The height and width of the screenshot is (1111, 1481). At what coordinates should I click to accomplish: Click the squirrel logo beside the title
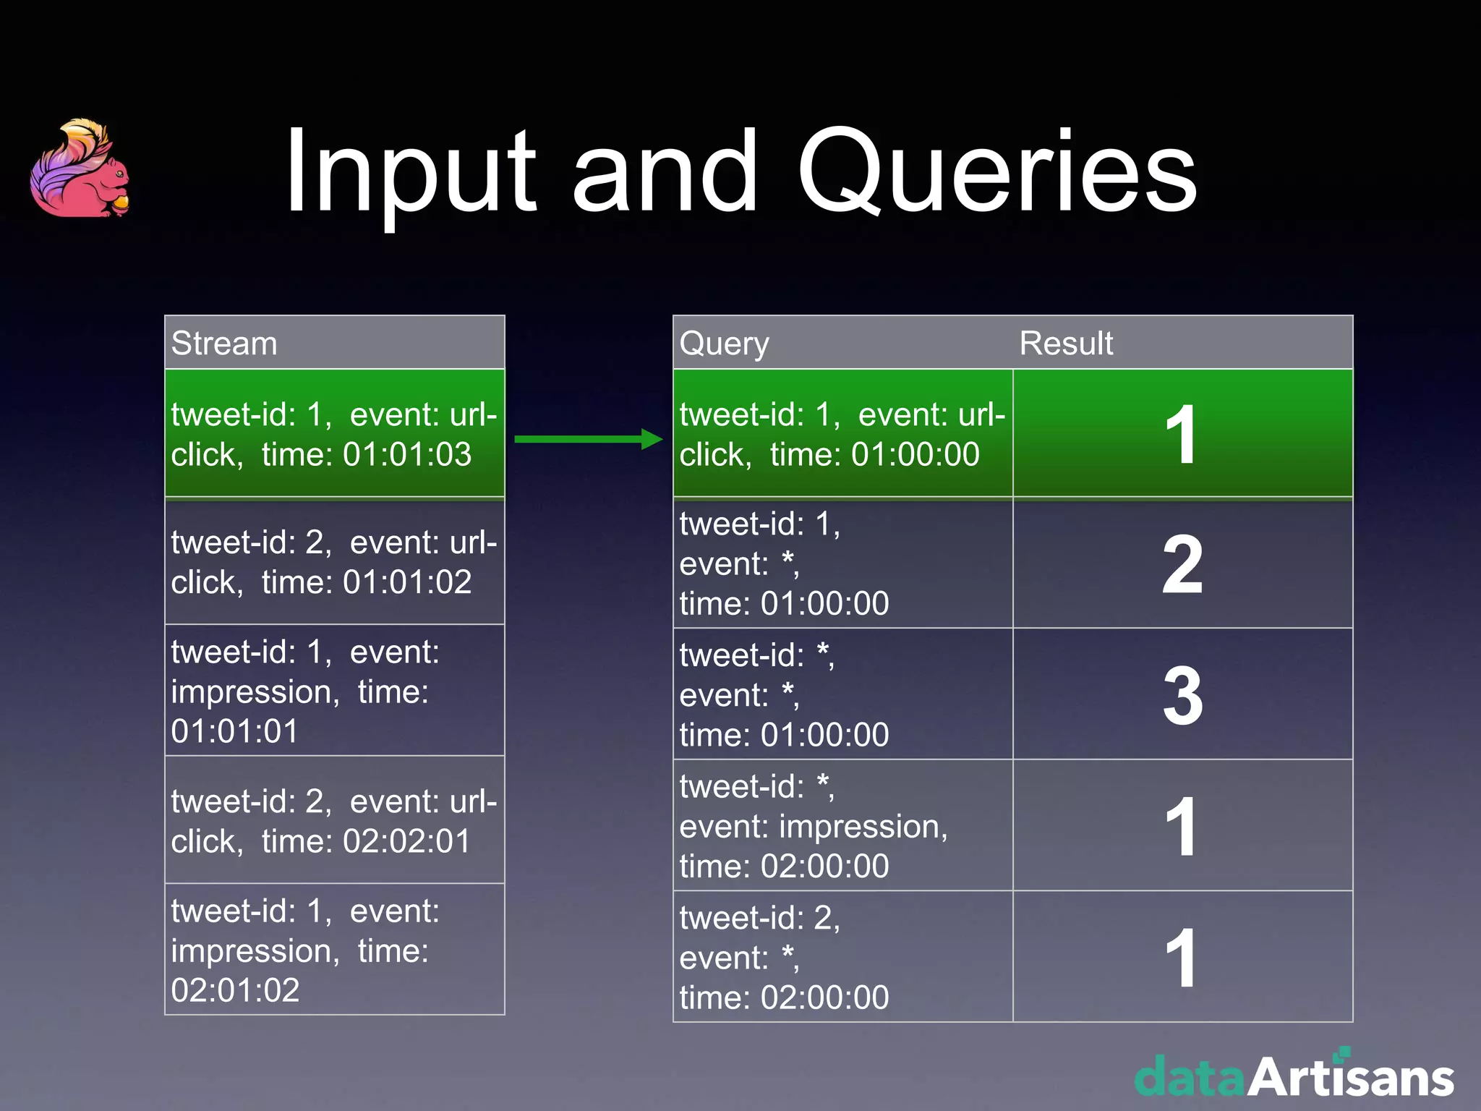(80, 169)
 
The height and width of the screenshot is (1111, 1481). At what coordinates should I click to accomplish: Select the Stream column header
(224, 343)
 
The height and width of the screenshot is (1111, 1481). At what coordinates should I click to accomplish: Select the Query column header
(724, 343)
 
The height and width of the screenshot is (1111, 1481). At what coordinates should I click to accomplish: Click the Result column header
(1066, 343)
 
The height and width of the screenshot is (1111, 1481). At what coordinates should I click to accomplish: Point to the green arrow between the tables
(588, 438)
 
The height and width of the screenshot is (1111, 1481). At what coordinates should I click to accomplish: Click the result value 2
(1182, 565)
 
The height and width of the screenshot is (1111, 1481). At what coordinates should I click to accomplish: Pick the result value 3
(1182, 696)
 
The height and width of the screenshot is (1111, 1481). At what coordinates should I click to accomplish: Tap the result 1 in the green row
(1182, 434)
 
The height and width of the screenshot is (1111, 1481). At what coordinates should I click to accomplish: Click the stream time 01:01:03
(407, 454)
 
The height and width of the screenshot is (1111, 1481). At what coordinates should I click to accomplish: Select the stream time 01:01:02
(407, 582)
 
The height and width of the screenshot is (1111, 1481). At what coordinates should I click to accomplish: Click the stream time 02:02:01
(407, 841)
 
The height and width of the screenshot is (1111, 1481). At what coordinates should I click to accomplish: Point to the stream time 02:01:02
(235, 990)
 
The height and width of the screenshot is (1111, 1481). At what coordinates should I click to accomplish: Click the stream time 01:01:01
(235, 731)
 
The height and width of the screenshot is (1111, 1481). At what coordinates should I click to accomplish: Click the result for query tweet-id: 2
(1182, 956)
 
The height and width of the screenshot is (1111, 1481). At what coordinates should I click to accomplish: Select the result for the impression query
(1182, 826)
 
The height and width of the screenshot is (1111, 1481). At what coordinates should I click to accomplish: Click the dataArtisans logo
(1294, 1076)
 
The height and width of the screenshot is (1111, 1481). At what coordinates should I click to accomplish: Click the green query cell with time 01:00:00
(842, 434)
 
